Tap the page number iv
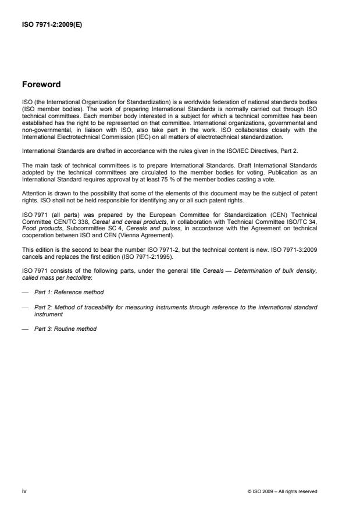tap(24, 491)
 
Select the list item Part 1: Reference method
tap(66, 291)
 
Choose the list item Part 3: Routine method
tap(65, 329)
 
